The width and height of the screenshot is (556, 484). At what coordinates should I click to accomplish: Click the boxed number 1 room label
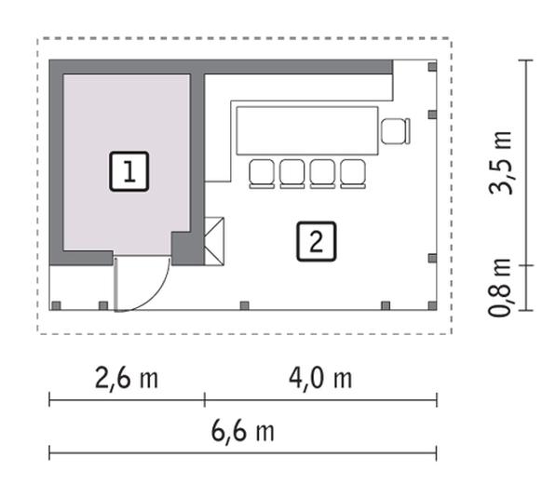(129, 171)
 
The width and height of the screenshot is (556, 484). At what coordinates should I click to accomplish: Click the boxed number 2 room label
(316, 241)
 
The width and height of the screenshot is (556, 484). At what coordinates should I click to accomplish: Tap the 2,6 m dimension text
(127, 378)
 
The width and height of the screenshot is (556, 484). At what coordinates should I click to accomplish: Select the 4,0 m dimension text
(320, 378)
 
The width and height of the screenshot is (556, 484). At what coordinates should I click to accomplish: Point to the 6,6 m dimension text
(243, 431)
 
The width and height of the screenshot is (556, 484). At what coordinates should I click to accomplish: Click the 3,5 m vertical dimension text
(500, 162)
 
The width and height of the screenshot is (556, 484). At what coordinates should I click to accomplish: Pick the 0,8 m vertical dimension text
(500, 288)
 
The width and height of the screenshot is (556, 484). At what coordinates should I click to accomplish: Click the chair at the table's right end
(396, 131)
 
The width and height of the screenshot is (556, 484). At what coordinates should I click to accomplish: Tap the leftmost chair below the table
(262, 174)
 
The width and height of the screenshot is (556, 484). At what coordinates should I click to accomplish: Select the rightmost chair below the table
(353, 174)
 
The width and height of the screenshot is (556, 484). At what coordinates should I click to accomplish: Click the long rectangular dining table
(307, 130)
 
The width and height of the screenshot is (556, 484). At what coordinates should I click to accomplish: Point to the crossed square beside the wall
(214, 241)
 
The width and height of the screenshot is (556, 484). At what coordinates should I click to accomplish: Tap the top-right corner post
(432, 67)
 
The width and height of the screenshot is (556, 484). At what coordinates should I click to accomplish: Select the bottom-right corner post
(432, 305)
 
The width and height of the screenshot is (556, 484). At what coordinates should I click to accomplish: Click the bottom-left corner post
(56, 305)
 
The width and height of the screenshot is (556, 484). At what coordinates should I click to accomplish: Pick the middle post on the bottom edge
(244, 305)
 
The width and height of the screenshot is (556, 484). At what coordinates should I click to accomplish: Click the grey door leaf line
(115, 285)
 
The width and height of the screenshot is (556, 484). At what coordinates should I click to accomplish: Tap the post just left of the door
(103, 305)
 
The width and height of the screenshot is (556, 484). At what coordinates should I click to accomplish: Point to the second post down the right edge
(432, 114)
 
